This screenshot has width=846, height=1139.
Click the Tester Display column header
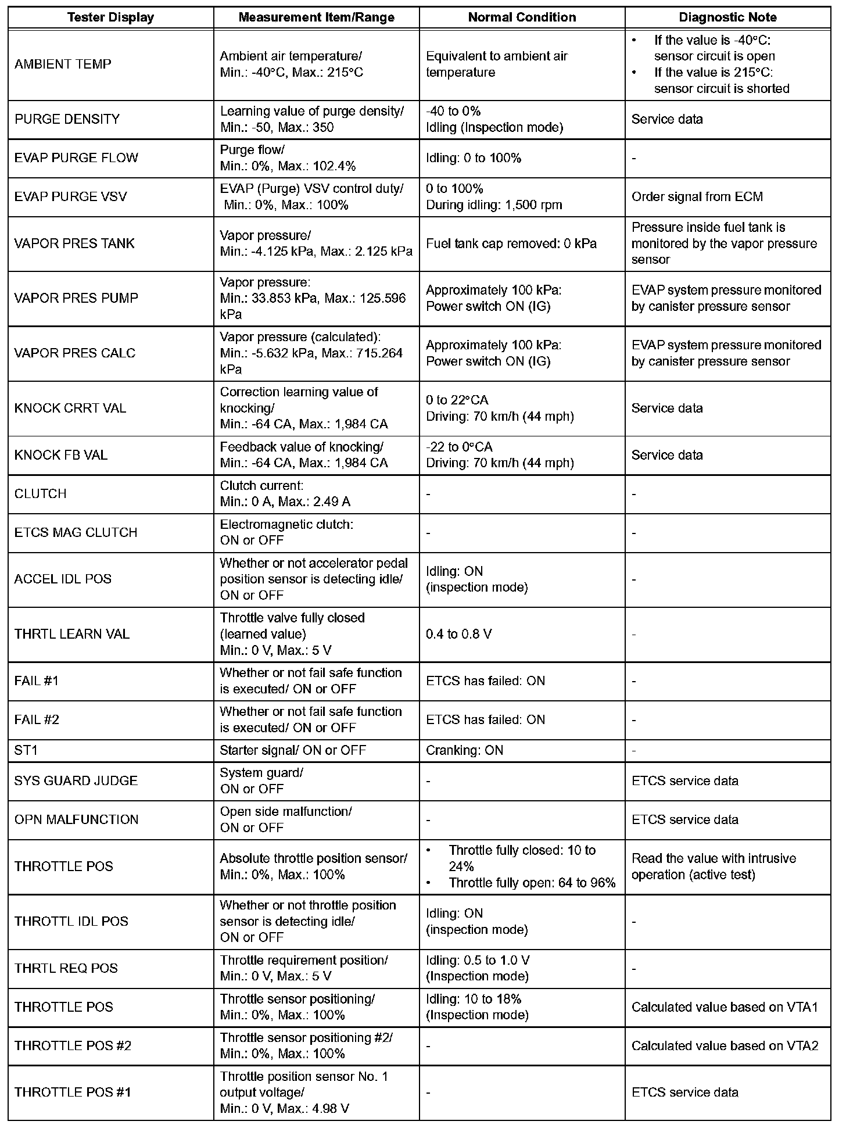coord(110,17)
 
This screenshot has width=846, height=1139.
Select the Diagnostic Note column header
coord(727,17)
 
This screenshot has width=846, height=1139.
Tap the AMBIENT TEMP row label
coord(63,64)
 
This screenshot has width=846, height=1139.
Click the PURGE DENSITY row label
coord(67,119)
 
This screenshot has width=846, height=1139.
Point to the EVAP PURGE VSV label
coord(70,196)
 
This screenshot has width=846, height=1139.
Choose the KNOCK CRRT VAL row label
coord(70,408)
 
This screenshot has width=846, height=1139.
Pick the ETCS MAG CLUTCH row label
coord(76,532)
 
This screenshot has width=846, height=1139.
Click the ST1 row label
coord(26,750)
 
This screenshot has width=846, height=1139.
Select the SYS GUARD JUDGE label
coord(76,780)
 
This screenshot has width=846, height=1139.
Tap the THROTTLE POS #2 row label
coord(73,1045)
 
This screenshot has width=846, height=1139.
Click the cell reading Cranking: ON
coord(464,750)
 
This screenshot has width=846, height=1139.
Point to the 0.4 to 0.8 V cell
coord(458,634)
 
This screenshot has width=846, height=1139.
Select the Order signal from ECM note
coord(697,196)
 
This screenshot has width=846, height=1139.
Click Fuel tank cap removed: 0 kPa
coord(511,243)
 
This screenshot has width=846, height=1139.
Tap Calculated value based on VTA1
coord(725,1007)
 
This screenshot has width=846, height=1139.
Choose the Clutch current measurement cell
coord(285,493)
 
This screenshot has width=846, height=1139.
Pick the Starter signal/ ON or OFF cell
coord(293,750)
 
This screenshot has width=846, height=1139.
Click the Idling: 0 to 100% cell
coord(474,158)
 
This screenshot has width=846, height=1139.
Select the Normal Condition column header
coord(522,17)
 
